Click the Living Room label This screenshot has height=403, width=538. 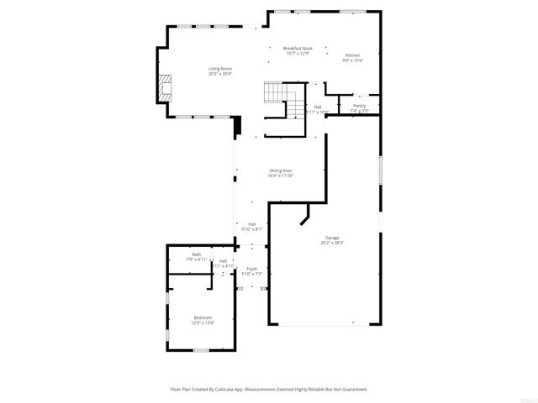coord(220,68)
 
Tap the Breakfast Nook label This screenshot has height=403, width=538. coord(298,49)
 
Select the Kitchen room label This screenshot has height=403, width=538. coord(351,55)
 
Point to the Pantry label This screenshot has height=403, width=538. coord(359,106)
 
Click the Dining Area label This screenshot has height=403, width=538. coord(281,170)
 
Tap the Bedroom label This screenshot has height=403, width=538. coord(203,317)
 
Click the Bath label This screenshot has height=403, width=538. coord(197,254)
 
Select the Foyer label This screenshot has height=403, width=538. coord(252,269)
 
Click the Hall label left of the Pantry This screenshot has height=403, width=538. coord(317,107)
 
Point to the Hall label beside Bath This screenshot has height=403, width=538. coord(223,261)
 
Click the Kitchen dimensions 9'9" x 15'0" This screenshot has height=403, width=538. coord(351,60)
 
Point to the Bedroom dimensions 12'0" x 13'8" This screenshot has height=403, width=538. coord(203,322)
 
